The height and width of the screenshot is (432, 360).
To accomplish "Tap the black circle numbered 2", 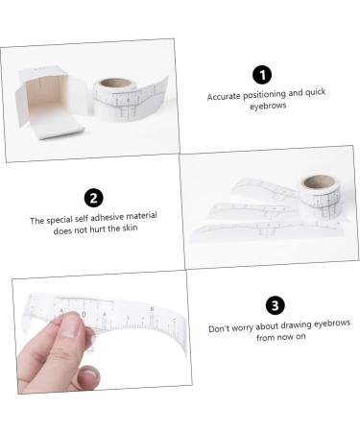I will [x=93, y=199].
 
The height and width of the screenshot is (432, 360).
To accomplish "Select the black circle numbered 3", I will [x=276, y=305].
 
